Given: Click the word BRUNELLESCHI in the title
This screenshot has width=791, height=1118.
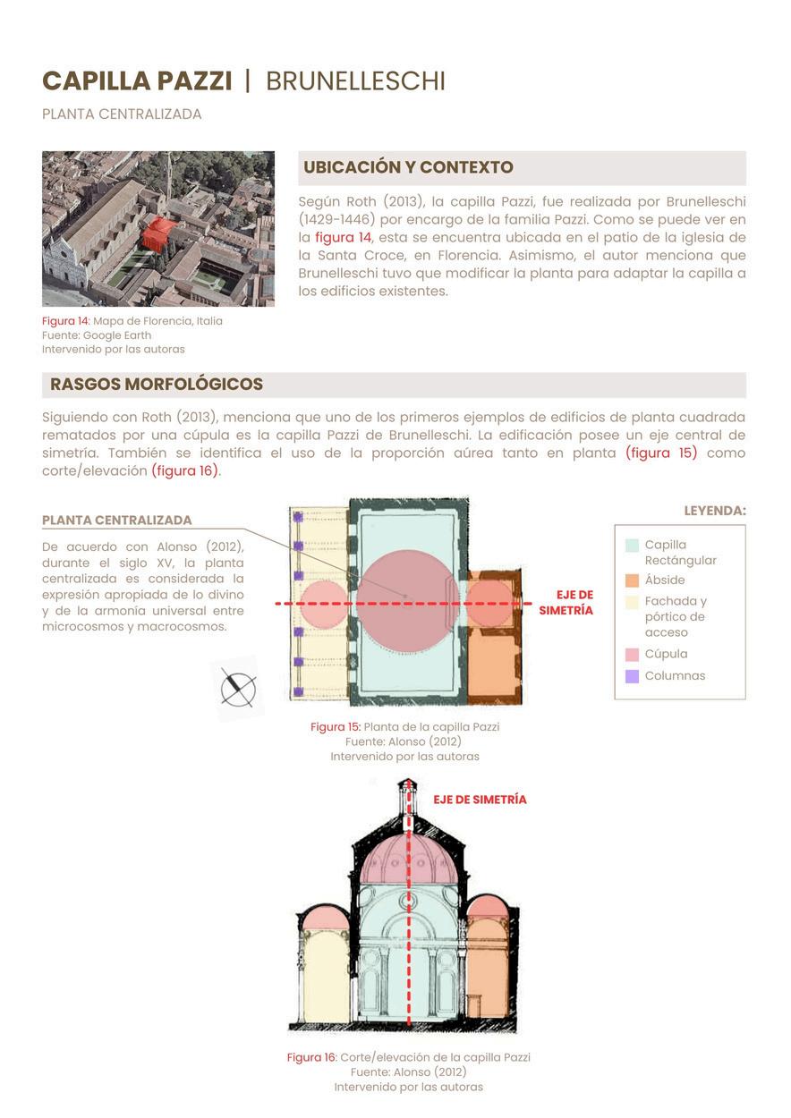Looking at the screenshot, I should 355,81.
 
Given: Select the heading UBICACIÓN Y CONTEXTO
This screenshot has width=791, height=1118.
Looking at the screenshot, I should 408,167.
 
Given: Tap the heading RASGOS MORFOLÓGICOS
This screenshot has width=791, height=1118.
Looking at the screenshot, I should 157,385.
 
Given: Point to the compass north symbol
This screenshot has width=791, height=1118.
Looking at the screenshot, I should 238,688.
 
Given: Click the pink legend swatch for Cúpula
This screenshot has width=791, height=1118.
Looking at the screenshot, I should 632,654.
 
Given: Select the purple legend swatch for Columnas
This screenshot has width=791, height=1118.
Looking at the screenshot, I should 632,676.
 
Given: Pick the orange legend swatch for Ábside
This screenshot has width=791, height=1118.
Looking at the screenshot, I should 632,580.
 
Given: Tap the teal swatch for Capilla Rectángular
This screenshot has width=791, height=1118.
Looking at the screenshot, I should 632,545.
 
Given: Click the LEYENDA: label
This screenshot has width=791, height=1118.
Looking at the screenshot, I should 715,511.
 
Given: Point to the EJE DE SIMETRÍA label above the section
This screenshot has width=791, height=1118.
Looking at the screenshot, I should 480,800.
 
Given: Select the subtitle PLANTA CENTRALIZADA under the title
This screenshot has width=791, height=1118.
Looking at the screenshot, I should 122,114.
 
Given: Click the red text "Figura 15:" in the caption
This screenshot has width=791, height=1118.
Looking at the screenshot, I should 336,727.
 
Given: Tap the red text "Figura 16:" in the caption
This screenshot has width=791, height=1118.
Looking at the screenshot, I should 311,1057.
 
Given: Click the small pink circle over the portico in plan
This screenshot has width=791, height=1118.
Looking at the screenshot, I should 321,603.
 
